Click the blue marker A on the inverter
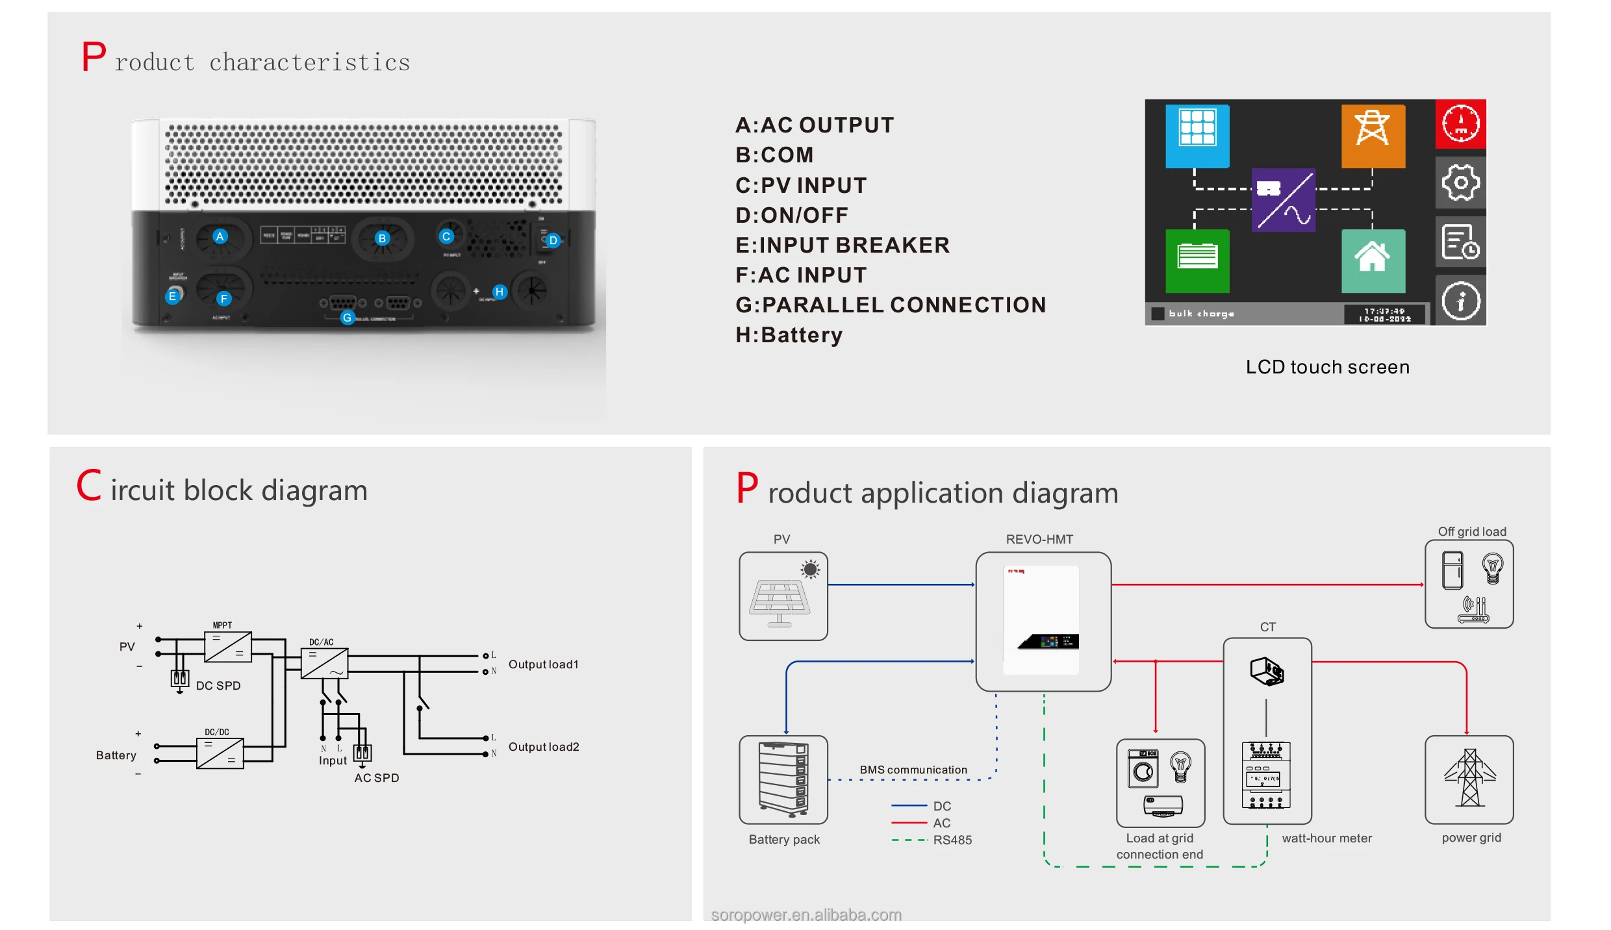[x=220, y=236]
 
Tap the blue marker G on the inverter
[x=348, y=318]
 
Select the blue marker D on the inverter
[x=553, y=240]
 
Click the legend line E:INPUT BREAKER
[x=842, y=245]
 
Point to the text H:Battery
[x=789, y=335]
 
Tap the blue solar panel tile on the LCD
[x=1197, y=136]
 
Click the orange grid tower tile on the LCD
[x=1373, y=136]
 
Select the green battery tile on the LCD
[x=1197, y=260]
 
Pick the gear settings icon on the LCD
[x=1460, y=182]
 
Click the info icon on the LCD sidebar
[x=1460, y=301]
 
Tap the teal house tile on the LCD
[x=1373, y=260]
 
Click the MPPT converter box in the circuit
[x=228, y=647]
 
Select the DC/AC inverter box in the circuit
[x=324, y=664]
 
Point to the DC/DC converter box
[x=220, y=753]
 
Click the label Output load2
[x=544, y=747]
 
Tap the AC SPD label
[x=377, y=778]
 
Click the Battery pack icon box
[x=783, y=779]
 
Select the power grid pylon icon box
[x=1469, y=779]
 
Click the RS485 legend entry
[x=952, y=840]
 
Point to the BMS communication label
[x=913, y=770]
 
